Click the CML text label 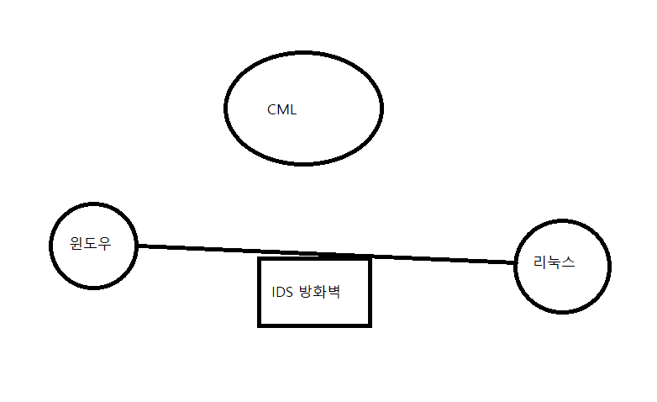pyautogui.click(x=282, y=110)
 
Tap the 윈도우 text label pyautogui.click(x=92, y=244)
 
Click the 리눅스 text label pyautogui.click(x=555, y=262)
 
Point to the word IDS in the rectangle pyautogui.click(x=282, y=293)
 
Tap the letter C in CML pyautogui.click(x=272, y=110)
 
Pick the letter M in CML pyautogui.click(x=282, y=110)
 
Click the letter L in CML pyautogui.click(x=293, y=110)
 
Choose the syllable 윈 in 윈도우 pyautogui.click(x=78, y=244)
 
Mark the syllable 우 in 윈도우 pyautogui.click(x=105, y=244)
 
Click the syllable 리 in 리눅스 pyautogui.click(x=541, y=262)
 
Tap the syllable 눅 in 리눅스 pyautogui.click(x=555, y=262)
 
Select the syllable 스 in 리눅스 pyautogui.click(x=568, y=262)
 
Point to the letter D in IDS pyautogui.click(x=282, y=293)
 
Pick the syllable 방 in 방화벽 pyautogui.click(x=306, y=293)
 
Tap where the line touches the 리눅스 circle pyautogui.click(x=514, y=262)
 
